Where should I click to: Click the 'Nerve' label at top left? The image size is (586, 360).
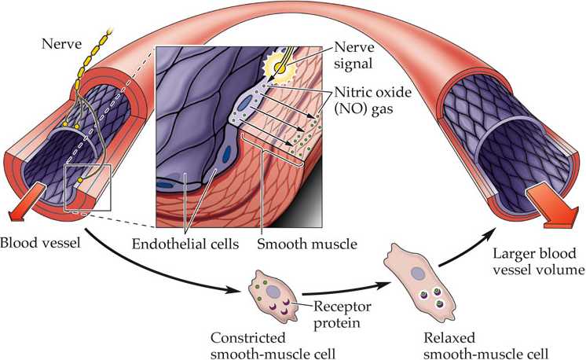(x=61, y=44)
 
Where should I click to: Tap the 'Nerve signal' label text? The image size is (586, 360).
(x=354, y=55)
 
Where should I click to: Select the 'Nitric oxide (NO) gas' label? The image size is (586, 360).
(x=372, y=100)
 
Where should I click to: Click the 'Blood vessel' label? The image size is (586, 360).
(x=40, y=243)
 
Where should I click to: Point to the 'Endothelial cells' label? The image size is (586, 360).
(x=185, y=244)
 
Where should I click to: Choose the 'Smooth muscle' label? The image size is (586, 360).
(x=307, y=244)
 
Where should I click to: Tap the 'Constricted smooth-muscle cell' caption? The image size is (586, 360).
(x=273, y=345)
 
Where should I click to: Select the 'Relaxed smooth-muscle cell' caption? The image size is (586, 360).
(x=485, y=345)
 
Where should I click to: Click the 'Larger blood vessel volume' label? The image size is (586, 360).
(x=538, y=261)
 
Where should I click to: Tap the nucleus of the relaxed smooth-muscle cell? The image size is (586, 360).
(x=417, y=273)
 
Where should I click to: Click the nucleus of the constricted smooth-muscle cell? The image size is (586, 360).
(x=273, y=291)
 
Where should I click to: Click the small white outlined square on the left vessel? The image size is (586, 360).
(x=88, y=188)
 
